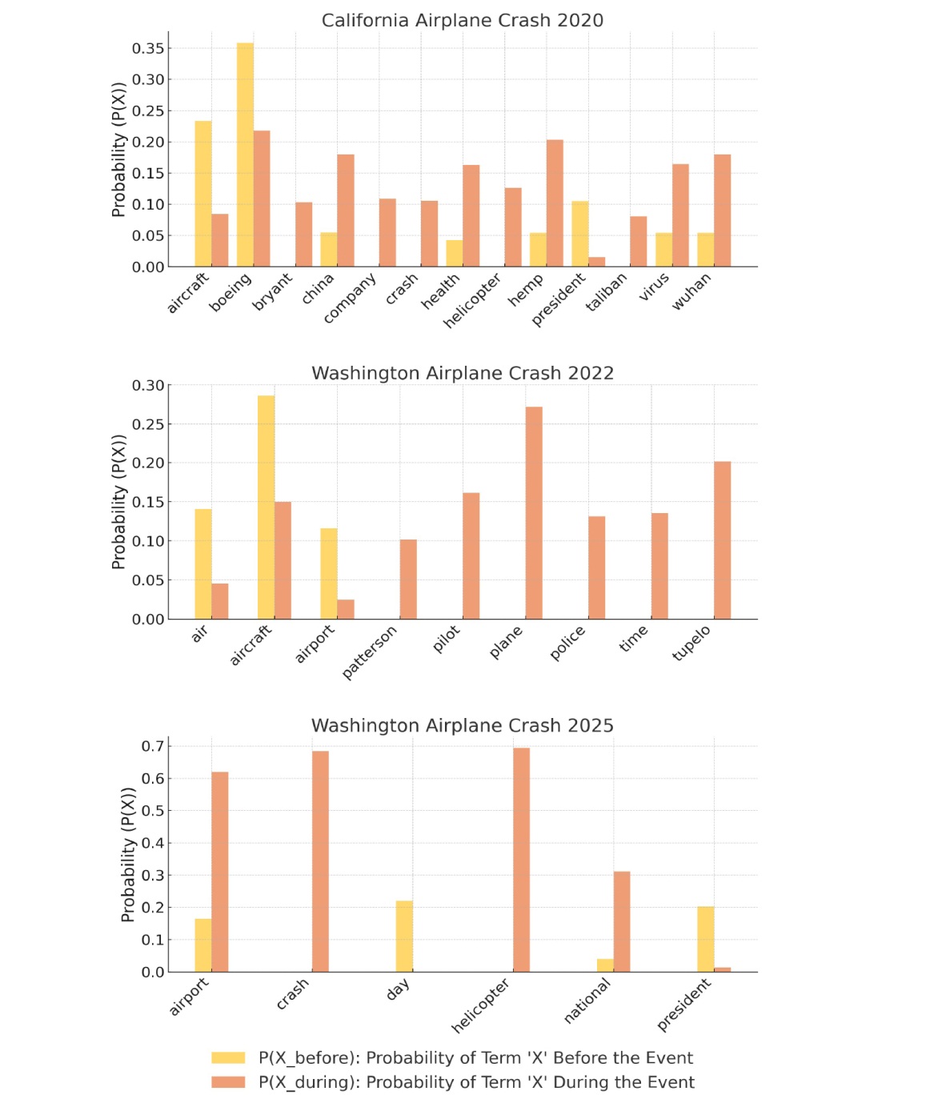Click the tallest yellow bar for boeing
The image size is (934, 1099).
[245, 154]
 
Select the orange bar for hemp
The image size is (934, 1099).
[555, 203]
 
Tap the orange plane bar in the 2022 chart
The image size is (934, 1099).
[534, 512]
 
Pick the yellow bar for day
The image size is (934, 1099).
[404, 937]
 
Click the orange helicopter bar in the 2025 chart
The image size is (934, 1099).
[522, 860]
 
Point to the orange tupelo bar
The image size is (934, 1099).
[723, 540]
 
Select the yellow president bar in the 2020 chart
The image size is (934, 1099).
[580, 234]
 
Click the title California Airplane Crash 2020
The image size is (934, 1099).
[463, 20]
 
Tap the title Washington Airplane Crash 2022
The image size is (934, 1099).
[463, 373]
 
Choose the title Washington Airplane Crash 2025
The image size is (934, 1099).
[463, 725]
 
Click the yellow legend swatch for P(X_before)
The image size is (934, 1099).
[228, 1057]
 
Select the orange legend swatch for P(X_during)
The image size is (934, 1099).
[228, 1082]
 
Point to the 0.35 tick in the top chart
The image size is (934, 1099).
[148, 48]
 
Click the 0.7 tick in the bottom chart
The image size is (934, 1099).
[153, 747]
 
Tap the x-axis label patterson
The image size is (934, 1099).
[370, 652]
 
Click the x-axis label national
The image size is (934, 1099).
[587, 1001]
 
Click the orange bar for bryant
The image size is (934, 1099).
[303, 235]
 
